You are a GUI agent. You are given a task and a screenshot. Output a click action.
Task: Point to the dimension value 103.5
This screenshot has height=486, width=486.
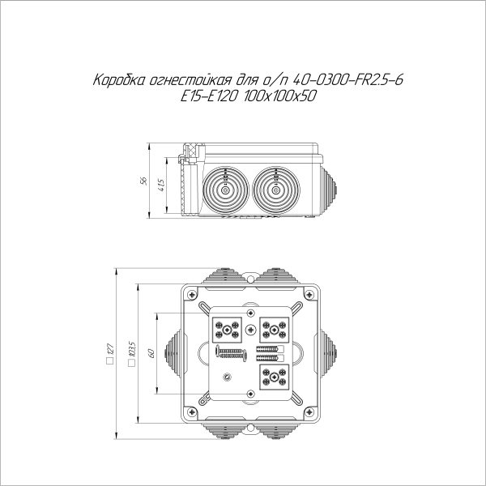131,354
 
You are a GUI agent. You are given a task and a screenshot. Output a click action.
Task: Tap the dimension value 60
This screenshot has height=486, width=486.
150,353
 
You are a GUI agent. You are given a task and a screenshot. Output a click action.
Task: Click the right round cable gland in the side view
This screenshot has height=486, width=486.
276,189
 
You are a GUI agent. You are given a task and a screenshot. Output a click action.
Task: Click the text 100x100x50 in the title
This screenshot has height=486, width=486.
283,96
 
